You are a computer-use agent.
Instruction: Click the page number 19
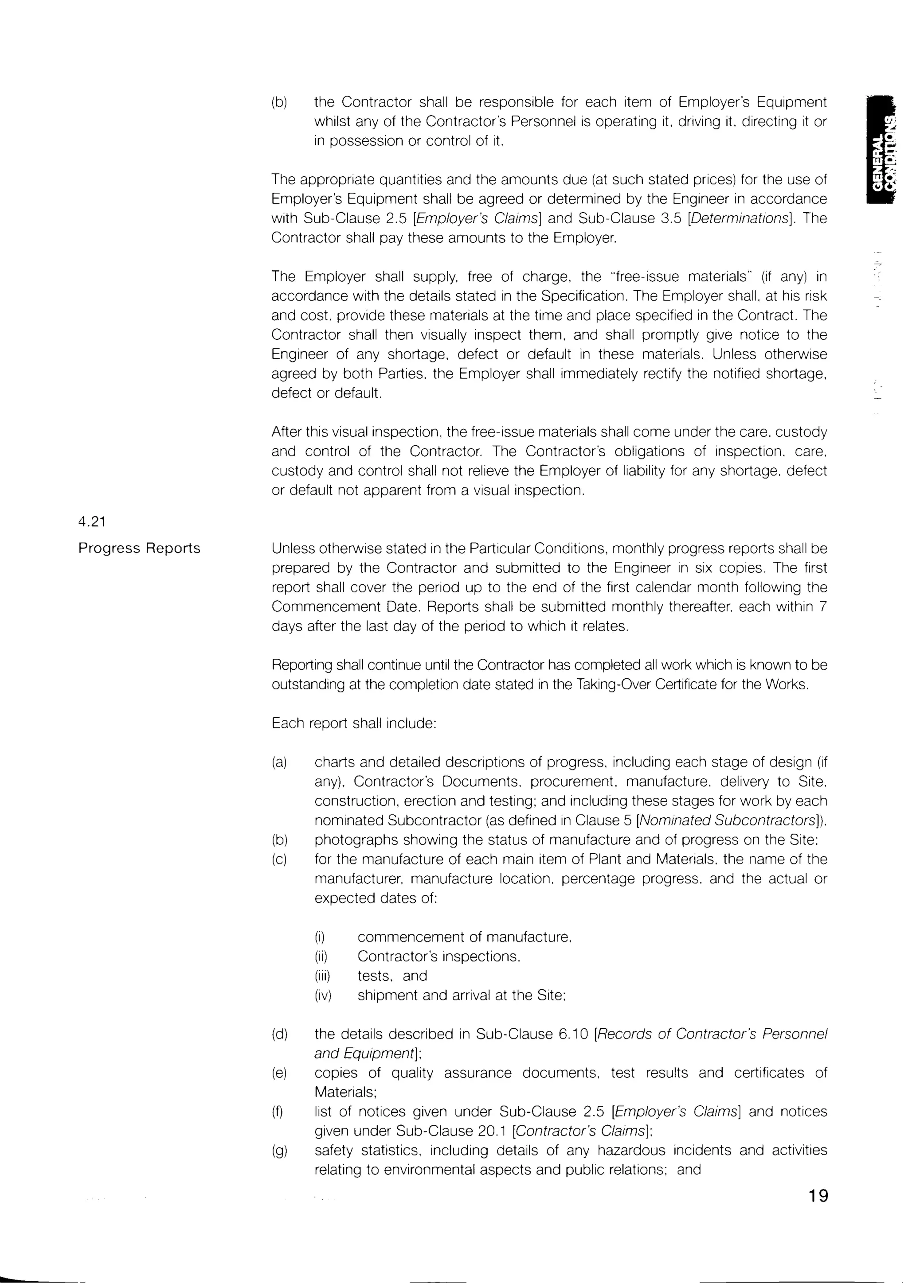pyautogui.click(x=818, y=1195)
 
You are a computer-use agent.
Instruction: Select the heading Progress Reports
pyautogui.click(x=139, y=548)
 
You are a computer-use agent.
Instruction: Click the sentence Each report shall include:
pyautogui.click(x=353, y=723)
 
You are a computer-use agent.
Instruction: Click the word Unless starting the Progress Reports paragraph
pyautogui.click(x=291, y=548)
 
